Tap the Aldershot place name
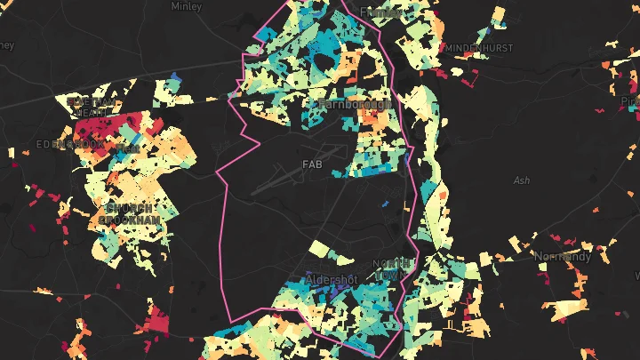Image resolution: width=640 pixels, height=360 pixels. point(331,279)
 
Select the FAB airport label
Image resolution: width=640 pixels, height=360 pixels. point(312,164)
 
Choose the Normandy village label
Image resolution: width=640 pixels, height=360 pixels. point(562,256)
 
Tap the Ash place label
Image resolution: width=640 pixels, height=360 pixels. point(522,180)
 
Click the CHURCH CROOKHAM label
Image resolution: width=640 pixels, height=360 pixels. point(130,213)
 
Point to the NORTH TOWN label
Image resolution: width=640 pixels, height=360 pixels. point(393,268)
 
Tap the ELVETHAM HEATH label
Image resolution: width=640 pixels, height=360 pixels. point(92,106)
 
